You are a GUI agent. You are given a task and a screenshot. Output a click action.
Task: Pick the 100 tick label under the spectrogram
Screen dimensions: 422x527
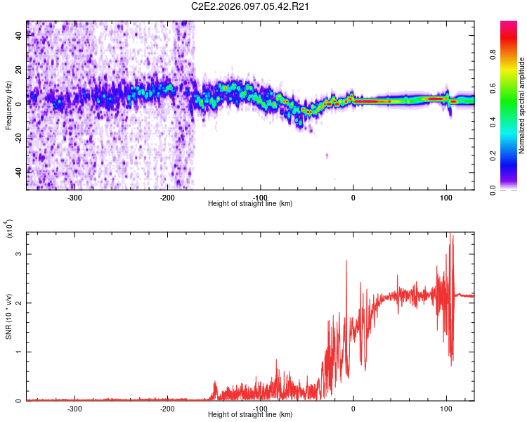pyautogui.click(x=445, y=197)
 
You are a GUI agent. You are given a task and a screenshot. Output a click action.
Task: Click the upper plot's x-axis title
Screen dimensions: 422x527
pyautogui.click(x=250, y=204)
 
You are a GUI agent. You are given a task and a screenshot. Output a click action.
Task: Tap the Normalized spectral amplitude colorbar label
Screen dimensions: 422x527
pyautogui.click(x=522, y=106)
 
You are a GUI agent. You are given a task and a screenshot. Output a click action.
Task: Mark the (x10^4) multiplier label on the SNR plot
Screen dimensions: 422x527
pyautogui.click(x=8, y=230)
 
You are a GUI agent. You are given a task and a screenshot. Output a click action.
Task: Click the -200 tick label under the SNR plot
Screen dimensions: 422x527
pyautogui.click(x=167, y=409)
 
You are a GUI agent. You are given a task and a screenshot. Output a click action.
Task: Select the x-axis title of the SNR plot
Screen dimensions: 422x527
pyautogui.click(x=250, y=415)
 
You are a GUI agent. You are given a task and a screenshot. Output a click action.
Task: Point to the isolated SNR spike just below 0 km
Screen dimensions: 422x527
pyautogui.click(x=346, y=261)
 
